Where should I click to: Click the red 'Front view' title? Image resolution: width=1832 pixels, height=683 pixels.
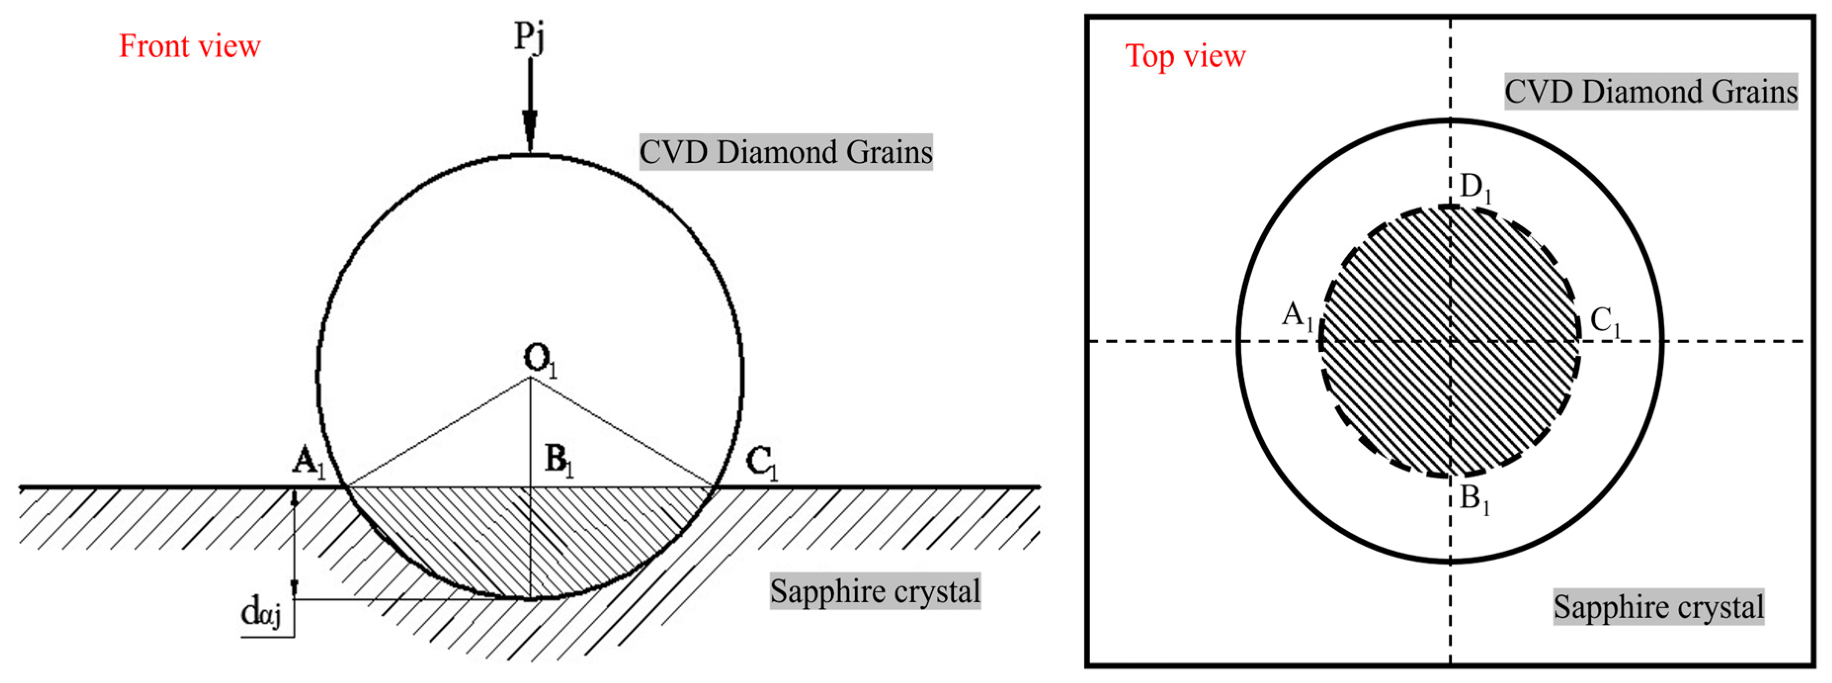click(189, 46)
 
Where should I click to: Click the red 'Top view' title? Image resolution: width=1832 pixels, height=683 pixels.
click(1185, 56)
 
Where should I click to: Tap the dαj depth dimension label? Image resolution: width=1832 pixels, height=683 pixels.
click(260, 612)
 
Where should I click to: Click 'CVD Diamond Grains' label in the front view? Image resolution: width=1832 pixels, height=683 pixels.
click(785, 152)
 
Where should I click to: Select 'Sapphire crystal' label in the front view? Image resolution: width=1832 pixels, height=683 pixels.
click(875, 591)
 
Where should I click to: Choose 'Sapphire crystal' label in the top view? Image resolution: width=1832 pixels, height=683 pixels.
click(1659, 607)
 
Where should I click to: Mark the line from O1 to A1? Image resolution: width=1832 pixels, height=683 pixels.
click(437, 432)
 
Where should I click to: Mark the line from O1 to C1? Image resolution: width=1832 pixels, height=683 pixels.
click(621, 432)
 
